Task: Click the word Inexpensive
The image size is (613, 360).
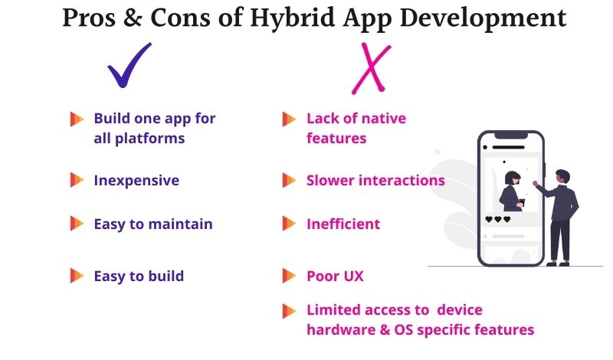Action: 136,181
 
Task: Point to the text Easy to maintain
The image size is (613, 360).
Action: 153,224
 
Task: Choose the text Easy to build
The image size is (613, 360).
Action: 139,276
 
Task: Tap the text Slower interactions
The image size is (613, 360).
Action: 375,181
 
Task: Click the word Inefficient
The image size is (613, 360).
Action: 343,224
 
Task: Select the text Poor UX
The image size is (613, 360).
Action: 335,276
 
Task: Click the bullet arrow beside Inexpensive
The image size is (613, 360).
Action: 77,181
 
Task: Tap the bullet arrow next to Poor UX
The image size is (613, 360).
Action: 289,276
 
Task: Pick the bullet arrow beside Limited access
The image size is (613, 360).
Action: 289,311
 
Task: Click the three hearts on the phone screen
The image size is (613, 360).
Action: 498,219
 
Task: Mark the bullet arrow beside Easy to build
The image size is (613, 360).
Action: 77,276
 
